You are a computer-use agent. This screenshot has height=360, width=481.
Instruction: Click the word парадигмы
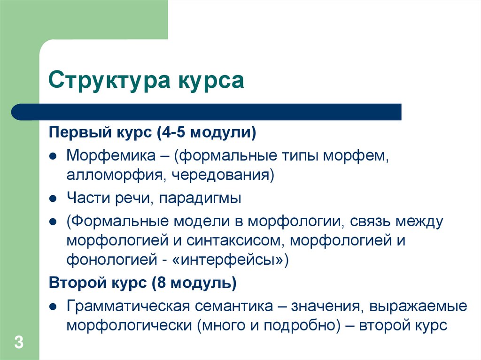click(x=200, y=198)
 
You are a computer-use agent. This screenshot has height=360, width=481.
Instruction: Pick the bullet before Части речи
click(x=54, y=199)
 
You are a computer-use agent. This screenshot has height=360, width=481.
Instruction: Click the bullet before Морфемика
click(x=54, y=155)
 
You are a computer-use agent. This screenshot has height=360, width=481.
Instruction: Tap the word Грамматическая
click(x=128, y=306)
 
